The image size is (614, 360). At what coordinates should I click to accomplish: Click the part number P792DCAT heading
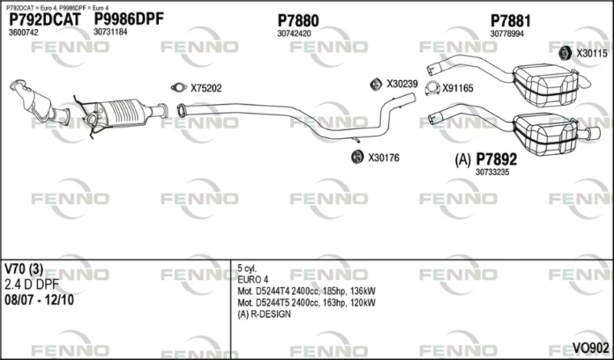[45, 20]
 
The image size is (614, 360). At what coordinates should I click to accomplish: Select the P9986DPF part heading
[128, 18]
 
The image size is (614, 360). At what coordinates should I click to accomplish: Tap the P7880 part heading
[298, 21]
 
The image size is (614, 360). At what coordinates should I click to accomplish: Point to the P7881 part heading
[510, 21]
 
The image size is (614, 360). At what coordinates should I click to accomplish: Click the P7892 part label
[496, 160]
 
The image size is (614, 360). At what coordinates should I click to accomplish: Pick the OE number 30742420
[294, 34]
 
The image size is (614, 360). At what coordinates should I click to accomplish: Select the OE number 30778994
[507, 34]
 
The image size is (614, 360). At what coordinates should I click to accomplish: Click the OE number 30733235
[492, 172]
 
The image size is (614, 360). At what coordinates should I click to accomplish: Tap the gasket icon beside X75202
[179, 88]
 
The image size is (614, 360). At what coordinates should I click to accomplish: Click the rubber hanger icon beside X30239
[376, 84]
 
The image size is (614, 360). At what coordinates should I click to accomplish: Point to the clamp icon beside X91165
[432, 88]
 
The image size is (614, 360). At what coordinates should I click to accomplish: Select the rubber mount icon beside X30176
[358, 157]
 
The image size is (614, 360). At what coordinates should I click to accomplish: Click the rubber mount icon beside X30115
[564, 53]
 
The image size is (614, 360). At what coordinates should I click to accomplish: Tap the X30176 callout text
[383, 158]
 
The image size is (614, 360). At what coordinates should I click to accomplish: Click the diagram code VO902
[590, 348]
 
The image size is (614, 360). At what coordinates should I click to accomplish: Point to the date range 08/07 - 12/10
[39, 300]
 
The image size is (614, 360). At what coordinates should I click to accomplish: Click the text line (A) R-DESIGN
[264, 314]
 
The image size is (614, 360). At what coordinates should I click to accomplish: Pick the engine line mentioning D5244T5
[306, 302]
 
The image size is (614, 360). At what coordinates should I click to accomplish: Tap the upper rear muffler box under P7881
[544, 84]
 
